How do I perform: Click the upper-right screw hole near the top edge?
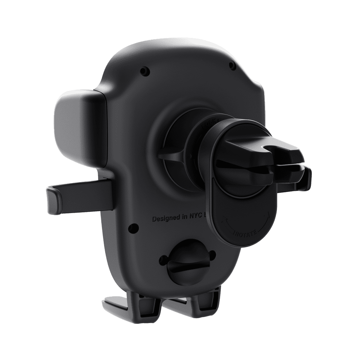coord(231,65)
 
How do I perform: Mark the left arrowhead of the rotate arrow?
coord(222,221)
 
